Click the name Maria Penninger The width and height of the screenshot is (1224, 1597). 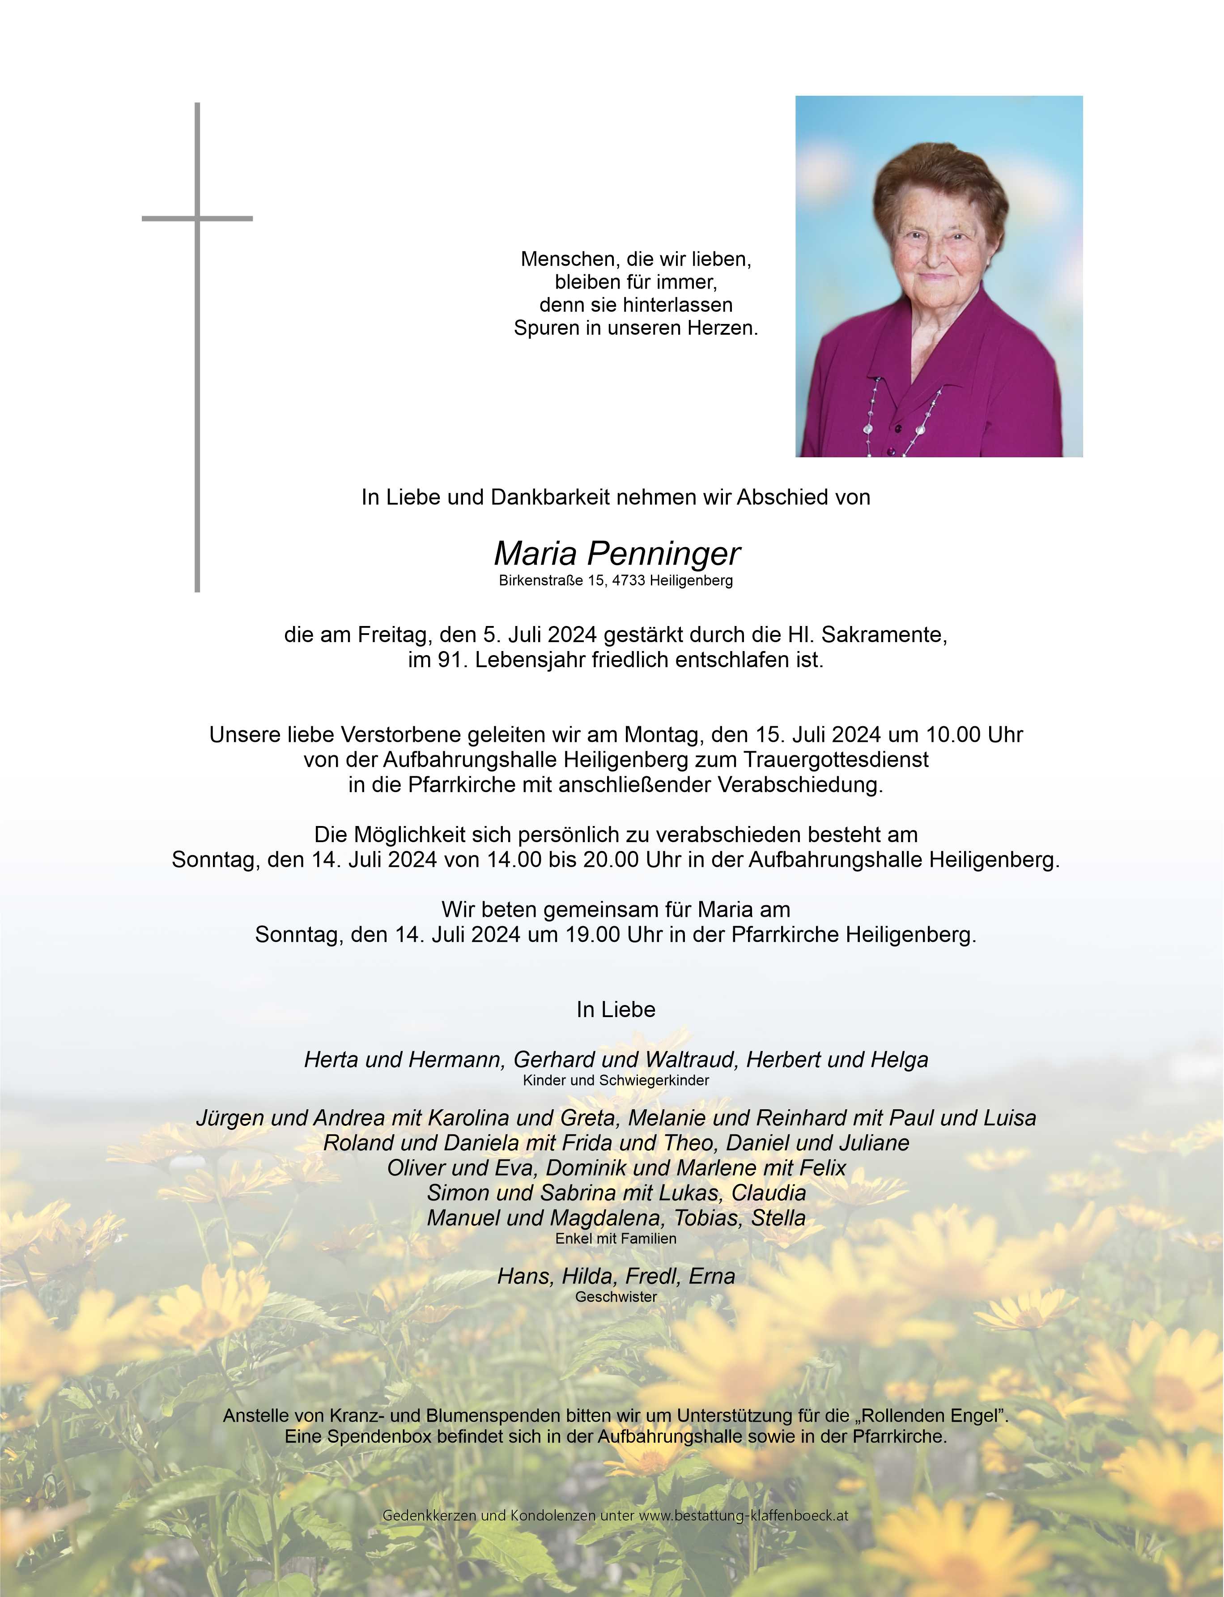point(616,554)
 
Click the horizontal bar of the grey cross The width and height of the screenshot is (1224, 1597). point(197,218)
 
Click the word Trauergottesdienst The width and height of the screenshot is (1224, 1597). point(836,760)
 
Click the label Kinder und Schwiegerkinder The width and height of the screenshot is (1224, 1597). point(616,1081)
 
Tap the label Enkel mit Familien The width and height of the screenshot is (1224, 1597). point(616,1239)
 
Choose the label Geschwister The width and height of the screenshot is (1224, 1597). point(616,1297)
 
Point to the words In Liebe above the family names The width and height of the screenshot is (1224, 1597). point(616,1010)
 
